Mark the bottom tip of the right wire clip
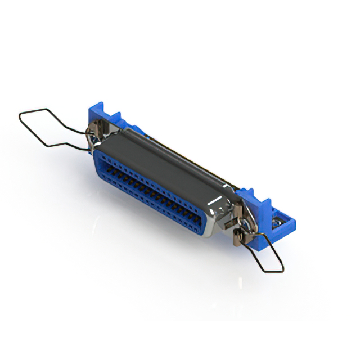[282, 271]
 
